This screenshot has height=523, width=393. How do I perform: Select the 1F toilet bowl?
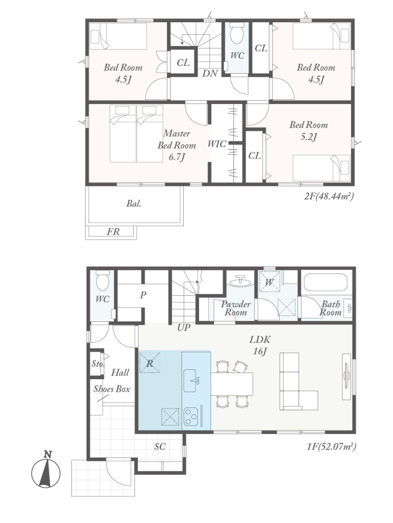(102, 281)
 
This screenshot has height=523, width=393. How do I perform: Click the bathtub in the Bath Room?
(324, 283)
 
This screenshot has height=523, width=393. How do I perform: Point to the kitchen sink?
(191, 381)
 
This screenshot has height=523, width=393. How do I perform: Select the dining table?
(232, 384)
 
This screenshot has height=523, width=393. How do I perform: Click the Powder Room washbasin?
(240, 281)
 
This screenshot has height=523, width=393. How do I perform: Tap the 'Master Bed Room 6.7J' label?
(177, 145)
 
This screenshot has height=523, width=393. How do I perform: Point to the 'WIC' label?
(217, 144)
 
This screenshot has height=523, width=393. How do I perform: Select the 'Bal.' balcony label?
(134, 203)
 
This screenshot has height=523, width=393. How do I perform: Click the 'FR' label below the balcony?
(113, 231)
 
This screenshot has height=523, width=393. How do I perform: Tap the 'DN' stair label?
(210, 74)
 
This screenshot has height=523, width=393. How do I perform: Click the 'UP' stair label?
(184, 327)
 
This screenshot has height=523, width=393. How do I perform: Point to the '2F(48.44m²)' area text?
(329, 196)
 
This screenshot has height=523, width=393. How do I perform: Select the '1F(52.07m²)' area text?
(331, 446)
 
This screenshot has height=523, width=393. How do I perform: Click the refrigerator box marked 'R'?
(149, 362)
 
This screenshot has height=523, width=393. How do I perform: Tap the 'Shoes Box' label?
(111, 389)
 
